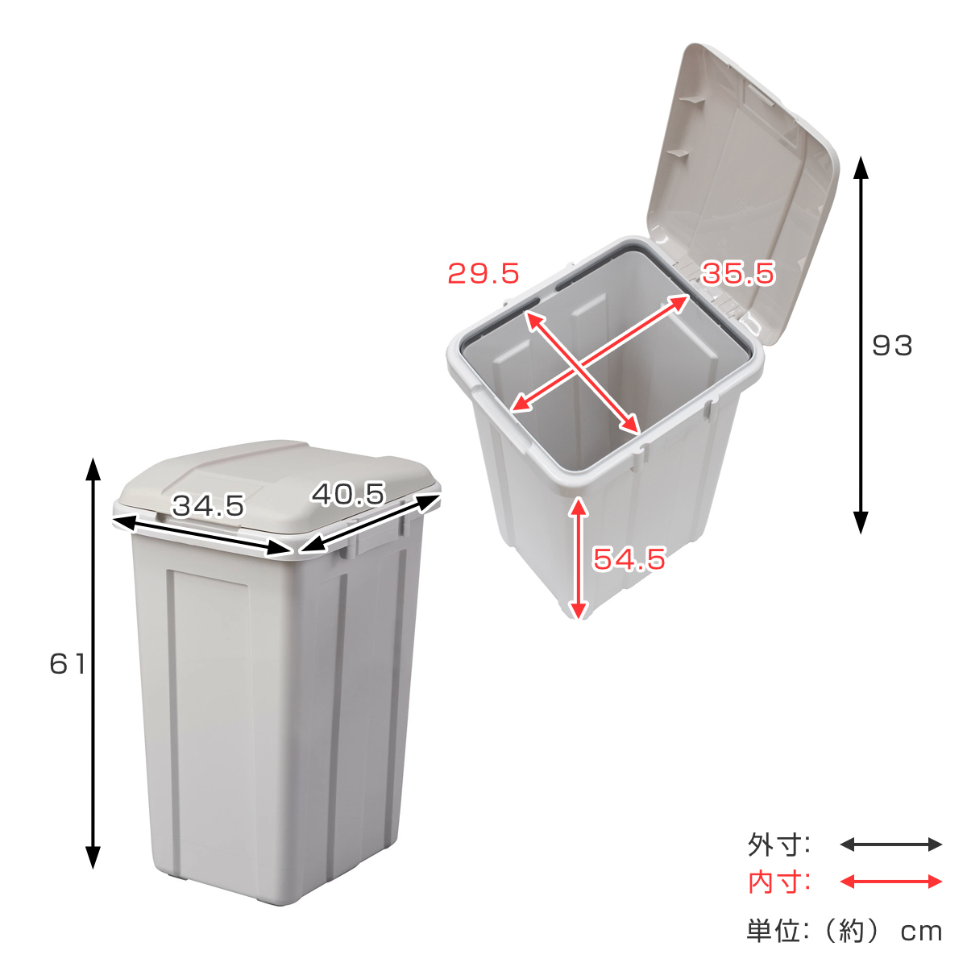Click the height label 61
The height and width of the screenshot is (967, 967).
click(67, 664)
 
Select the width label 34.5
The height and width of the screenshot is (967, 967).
click(208, 506)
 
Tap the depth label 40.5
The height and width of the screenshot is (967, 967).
click(348, 494)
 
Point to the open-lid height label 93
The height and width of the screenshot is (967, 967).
click(892, 346)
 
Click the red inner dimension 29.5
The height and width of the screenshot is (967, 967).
click(483, 274)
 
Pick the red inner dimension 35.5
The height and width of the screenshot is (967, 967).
click(737, 274)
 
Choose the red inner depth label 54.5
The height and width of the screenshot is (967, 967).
click(629, 558)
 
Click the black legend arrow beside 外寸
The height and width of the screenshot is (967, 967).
click(890, 845)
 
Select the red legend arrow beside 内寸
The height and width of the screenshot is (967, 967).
click(890, 882)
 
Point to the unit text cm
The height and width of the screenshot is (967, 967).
click(921, 932)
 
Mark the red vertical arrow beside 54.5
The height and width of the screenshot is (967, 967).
click(578, 558)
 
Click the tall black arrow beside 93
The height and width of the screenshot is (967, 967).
click(861, 346)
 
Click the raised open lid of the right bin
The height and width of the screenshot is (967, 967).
click(741, 177)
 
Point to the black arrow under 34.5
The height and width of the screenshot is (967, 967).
click(201, 534)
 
